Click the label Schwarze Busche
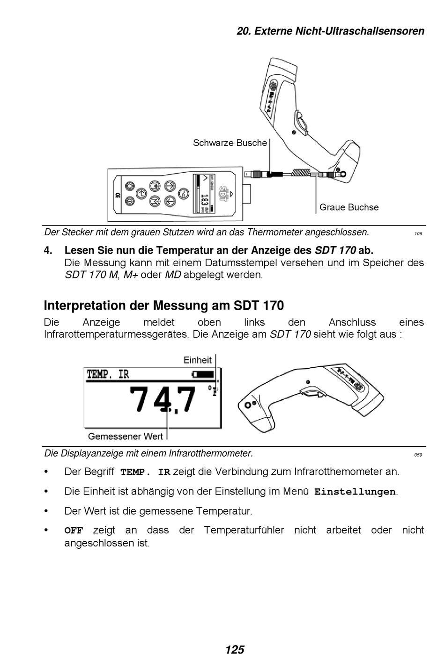point(230,143)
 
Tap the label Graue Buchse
point(349,207)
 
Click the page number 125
point(234,649)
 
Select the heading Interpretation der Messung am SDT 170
point(163,305)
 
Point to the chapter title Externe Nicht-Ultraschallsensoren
point(330,31)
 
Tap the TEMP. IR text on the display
point(108,374)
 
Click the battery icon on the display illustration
point(203,374)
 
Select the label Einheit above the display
point(197,360)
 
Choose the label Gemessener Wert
point(125,436)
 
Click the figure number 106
point(418,233)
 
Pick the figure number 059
point(418,455)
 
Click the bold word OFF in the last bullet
point(74,530)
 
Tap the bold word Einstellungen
point(355,492)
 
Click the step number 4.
point(48,250)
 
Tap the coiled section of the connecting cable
point(300,173)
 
